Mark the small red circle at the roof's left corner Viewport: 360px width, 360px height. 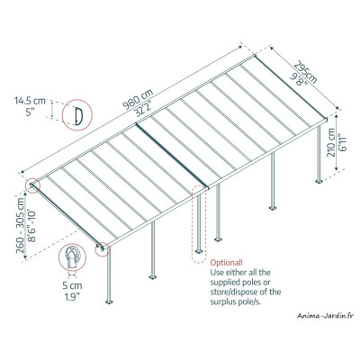coord(34,185)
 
